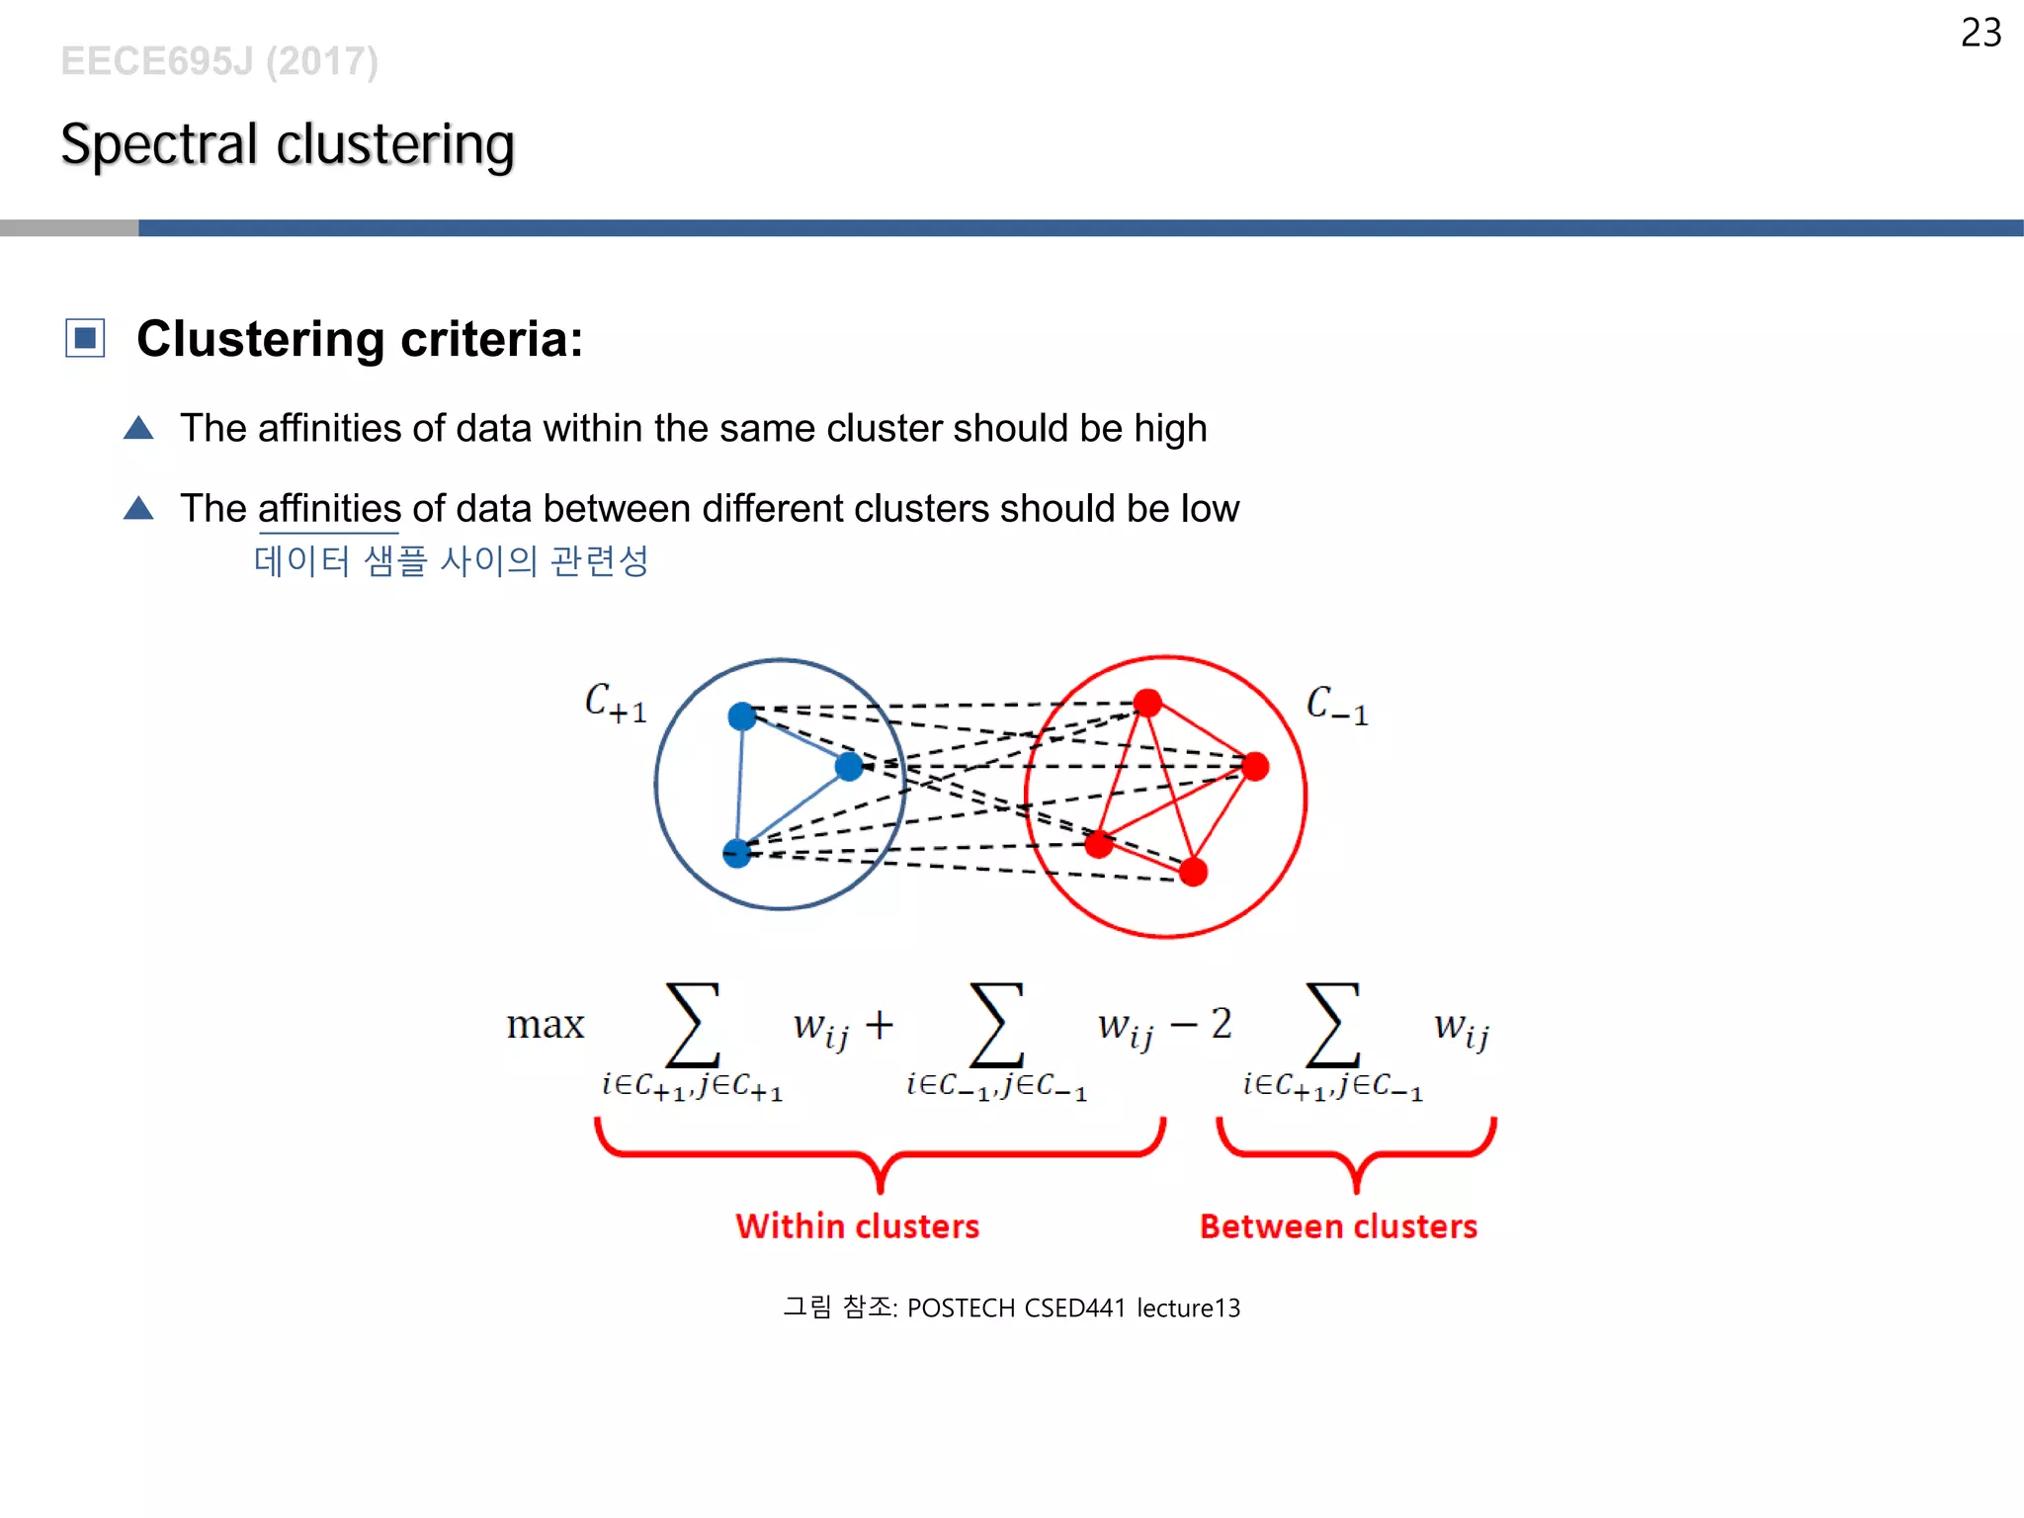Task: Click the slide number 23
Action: tap(1981, 33)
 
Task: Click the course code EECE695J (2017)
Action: tap(219, 61)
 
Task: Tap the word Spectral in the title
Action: tap(159, 144)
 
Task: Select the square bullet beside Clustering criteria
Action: tap(85, 338)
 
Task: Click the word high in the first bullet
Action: tap(1170, 429)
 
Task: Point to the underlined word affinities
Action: tap(329, 509)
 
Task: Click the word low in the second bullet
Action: tap(1210, 509)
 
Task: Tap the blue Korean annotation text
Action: tap(451, 561)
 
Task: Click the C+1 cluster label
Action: tap(615, 704)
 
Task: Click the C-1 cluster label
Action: tap(1336, 706)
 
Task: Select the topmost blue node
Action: tap(742, 717)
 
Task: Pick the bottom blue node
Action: tap(737, 852)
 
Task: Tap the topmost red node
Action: tap(1147, 703)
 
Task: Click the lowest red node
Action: tap(1194, 872)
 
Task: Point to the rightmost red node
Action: tap(1255, 766)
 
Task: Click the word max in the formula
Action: tap(546, 1025)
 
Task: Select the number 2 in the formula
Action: tap(1222, 1024)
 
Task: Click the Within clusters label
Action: tap(857, 1226)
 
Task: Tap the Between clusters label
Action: tap(1338, 1226)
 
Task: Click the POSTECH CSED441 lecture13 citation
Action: tap(1073, 1308)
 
